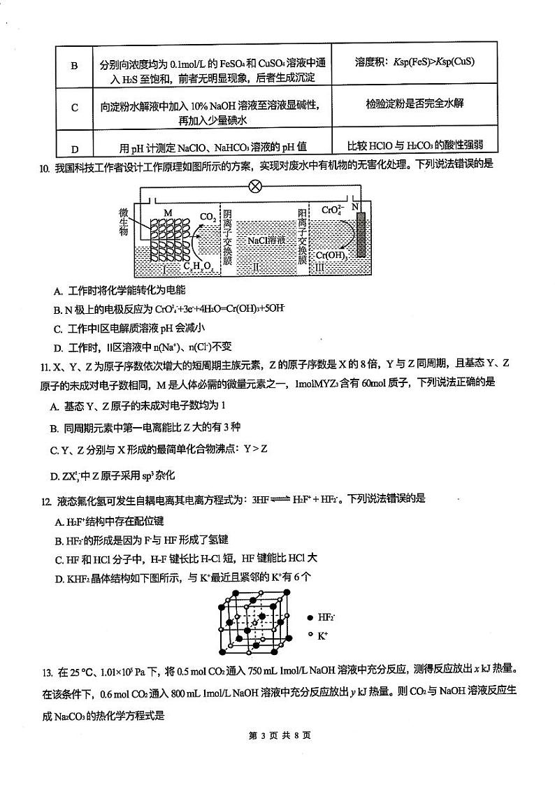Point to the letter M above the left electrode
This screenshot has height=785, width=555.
[167, 212]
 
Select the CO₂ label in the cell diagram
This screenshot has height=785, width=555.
[208, 217]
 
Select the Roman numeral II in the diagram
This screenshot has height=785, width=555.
[256, 266]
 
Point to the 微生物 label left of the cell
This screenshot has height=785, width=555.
[124, 222]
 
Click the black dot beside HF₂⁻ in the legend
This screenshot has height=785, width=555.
[310, 617]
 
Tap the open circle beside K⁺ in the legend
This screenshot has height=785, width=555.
[310, 635]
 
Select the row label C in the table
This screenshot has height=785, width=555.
[75, 108]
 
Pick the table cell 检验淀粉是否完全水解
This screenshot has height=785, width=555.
[414, 103]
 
